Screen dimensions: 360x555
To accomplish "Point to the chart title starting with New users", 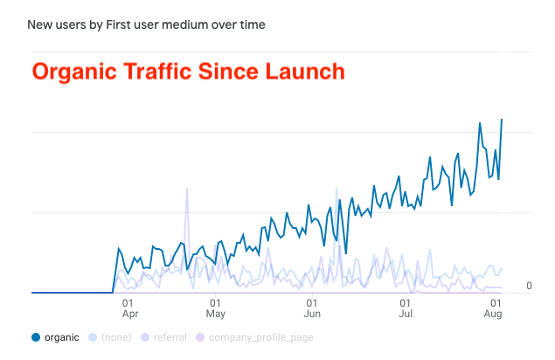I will [146, 25].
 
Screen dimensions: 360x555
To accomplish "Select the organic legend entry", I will [61, 337].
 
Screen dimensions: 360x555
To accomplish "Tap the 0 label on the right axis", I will [530, 287].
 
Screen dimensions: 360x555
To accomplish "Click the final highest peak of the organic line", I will [502, 120].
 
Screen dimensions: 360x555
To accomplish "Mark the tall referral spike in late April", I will [187, 190].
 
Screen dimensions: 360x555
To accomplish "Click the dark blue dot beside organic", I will [36, 337].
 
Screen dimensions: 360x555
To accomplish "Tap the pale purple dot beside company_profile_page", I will [199, 337].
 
